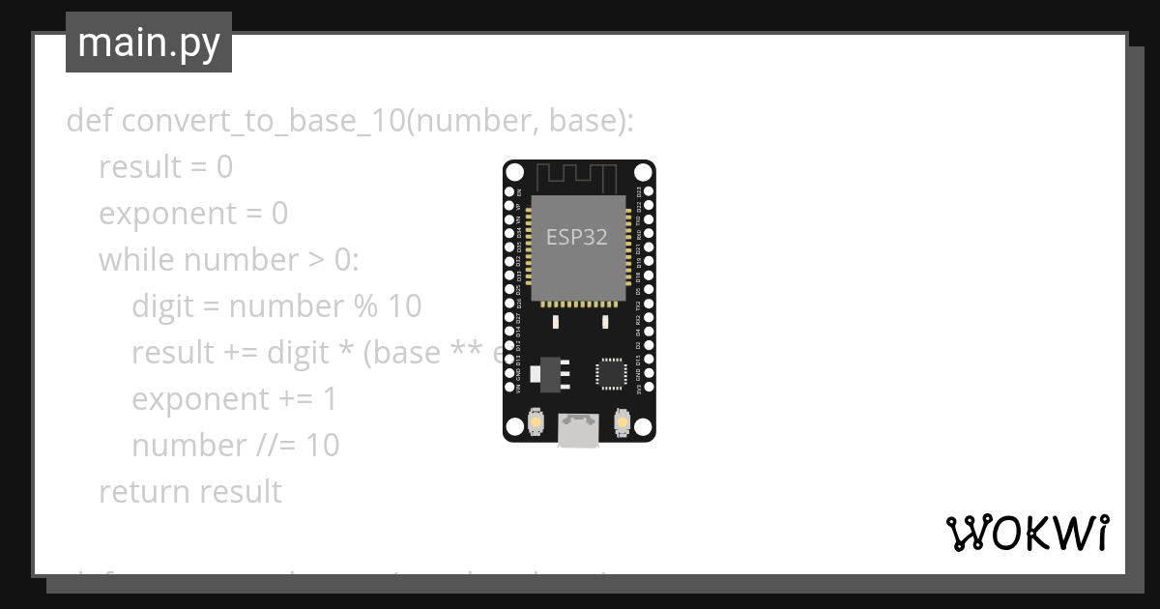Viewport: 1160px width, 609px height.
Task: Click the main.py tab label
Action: tap(149, 43)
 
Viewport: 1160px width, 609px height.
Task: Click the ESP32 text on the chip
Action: tap(577, 237)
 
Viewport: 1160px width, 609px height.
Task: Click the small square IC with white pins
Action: tap(611, 372)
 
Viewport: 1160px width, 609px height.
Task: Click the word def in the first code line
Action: tap(89, 121)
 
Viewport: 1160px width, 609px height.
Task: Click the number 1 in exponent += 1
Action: tap(330, 399)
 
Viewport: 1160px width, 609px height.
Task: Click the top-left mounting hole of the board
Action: tap(515, 173)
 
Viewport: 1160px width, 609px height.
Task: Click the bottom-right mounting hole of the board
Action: tap(643, 426)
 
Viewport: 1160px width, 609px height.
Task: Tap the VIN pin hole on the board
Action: tap(509, 391)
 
